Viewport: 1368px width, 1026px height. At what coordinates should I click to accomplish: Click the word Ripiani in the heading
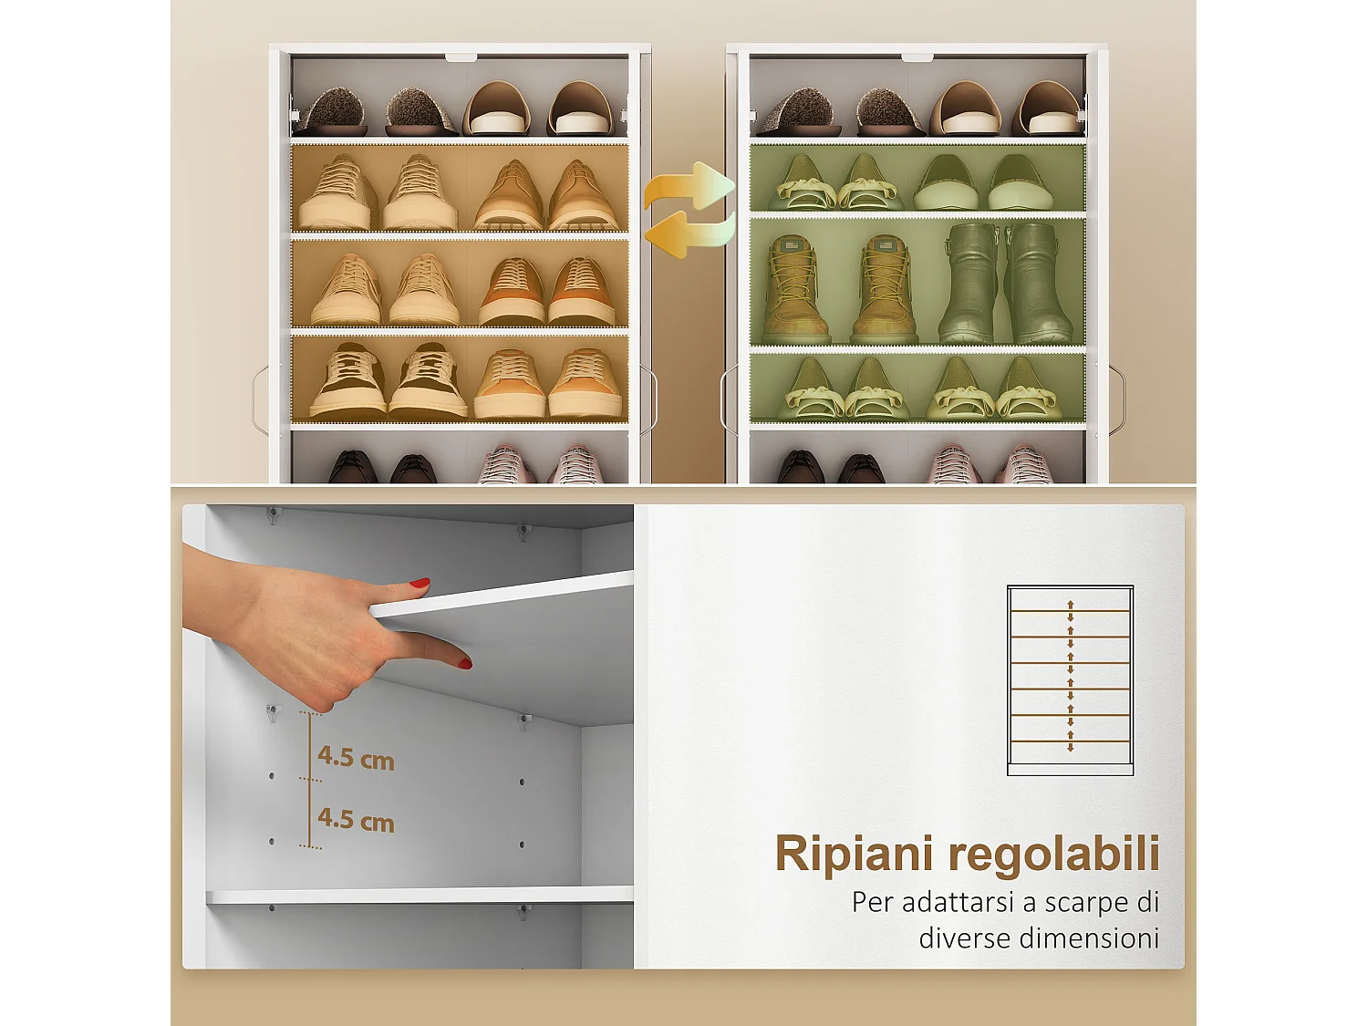855,854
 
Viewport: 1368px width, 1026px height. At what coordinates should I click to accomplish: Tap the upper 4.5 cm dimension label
356,757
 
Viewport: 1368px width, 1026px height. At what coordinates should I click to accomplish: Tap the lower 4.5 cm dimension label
356,819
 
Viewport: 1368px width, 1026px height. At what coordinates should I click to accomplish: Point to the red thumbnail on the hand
420,582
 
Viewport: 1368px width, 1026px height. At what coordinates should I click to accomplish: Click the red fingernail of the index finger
465,663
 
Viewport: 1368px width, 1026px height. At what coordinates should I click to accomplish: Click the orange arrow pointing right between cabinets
690,188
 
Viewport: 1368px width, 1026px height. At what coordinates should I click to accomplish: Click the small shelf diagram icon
1070,680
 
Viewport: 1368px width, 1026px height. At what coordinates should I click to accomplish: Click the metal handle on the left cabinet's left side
260,399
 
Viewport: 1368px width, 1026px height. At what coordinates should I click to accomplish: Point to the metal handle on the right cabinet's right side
1117,399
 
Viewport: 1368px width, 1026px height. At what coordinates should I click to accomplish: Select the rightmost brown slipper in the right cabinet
1049,109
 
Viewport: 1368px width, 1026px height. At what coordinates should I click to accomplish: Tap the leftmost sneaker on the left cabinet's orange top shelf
337,193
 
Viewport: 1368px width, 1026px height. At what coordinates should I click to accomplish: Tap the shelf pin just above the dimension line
272,711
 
